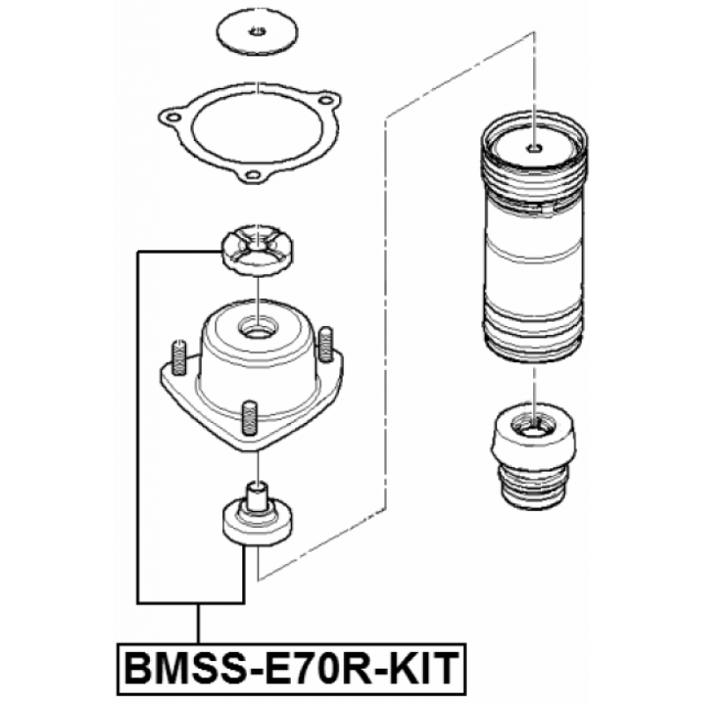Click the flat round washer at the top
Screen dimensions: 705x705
(x=257, y=32)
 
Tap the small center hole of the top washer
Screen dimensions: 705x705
(x=258, y=31)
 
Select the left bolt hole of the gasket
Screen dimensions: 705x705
(x=172, y=118)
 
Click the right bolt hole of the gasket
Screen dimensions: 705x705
(x=325, y=100)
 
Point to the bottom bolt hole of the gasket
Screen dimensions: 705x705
(x=253, y=174)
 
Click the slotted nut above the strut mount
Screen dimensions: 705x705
(x=257, y=250)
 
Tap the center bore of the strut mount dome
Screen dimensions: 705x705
(x=257, y=330)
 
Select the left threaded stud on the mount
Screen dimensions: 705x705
(x=179, y=358)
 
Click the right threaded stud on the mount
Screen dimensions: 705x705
(x=325, y=345)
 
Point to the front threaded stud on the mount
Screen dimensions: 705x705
(x=250, y=418)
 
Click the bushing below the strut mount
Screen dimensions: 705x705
(x=256, y=514)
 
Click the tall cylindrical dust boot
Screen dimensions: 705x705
(x=534, y=237)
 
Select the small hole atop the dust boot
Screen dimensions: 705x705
(x=534, y=148)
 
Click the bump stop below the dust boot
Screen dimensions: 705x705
(x=534, y=456)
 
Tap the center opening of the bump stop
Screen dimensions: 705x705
(x=533, y=428)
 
